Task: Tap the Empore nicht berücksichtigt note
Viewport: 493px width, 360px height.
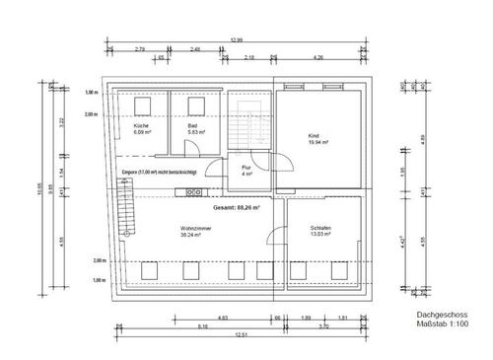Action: pyautogui.click(x=160, y=173)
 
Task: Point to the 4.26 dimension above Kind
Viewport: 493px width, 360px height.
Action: pyautogui.click(x=317, y=59)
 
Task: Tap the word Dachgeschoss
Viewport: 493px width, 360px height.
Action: pyautogui.click(x=434, y=317)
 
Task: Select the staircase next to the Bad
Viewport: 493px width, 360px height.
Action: pyautogui.click(x=247, y=122)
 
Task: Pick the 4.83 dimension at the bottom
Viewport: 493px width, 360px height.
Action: pyautogui.click(x=195, y=318)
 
